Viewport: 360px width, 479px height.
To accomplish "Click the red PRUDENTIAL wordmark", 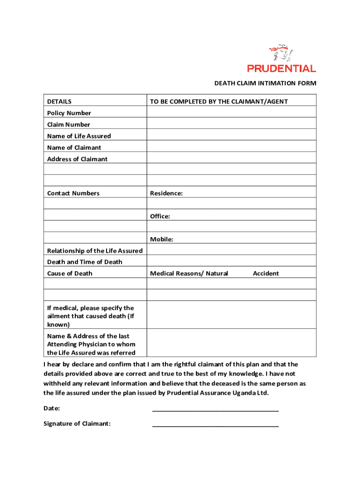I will point(281,69).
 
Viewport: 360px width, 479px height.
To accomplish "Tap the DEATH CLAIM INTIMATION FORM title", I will point(265,83).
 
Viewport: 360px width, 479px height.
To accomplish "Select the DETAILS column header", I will point(59,102).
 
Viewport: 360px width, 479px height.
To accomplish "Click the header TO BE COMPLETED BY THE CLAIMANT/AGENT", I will point(219,102).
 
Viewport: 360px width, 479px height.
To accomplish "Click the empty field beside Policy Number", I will point(231,113).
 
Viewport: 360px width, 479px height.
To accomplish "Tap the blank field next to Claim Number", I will point(231,124).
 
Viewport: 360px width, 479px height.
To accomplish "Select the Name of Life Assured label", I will point(79,136).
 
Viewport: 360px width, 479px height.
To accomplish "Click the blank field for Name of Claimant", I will point(231,147).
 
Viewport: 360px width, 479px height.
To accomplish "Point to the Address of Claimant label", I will point(77,159).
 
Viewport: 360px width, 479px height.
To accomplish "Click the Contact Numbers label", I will point(73,193).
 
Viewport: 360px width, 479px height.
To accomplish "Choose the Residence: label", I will point(166,193).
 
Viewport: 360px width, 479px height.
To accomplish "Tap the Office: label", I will point(160,216).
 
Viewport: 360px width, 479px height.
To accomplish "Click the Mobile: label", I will point(161,239).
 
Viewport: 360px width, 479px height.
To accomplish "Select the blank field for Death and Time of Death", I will point(231,262).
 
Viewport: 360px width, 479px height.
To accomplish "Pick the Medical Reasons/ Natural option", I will point(189,274).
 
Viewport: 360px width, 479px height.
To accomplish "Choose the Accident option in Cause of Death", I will point(266,274).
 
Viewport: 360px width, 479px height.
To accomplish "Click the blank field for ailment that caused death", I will point(231,316).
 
